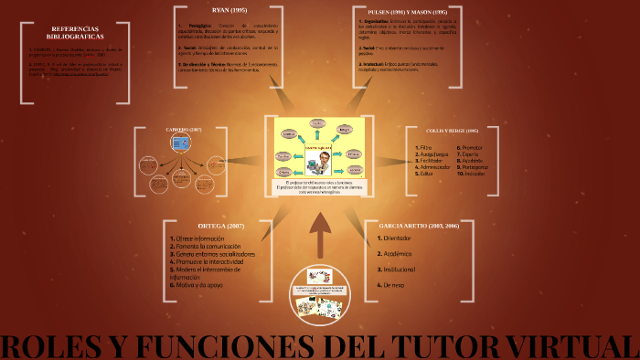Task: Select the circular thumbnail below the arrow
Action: pos(321,293)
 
